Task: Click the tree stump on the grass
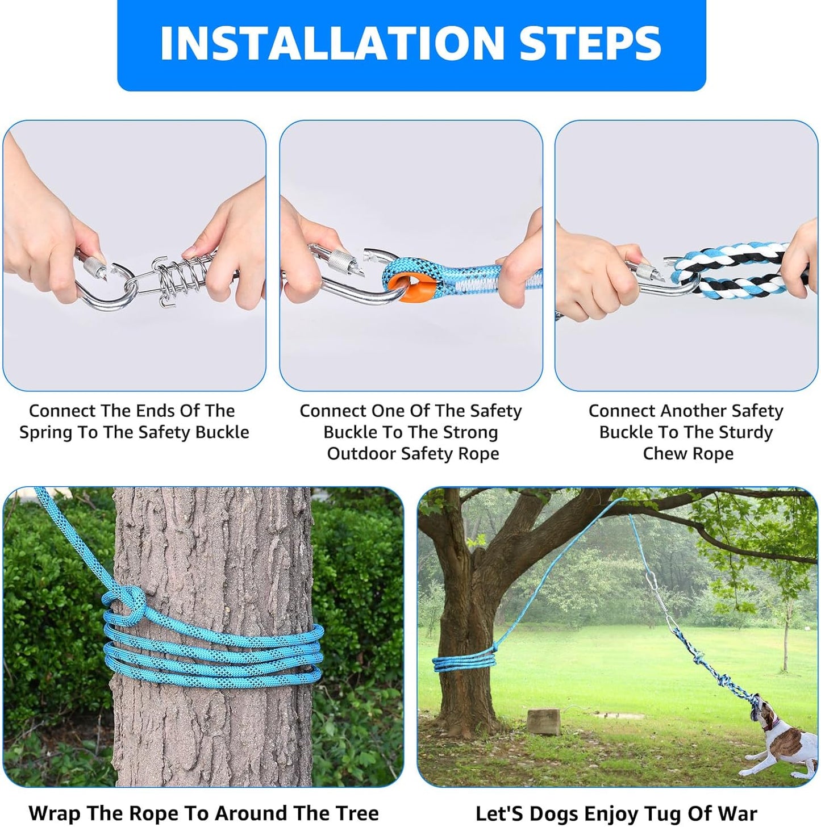(x=544, y=721)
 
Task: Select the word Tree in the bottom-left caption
(x=357, y=813)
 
